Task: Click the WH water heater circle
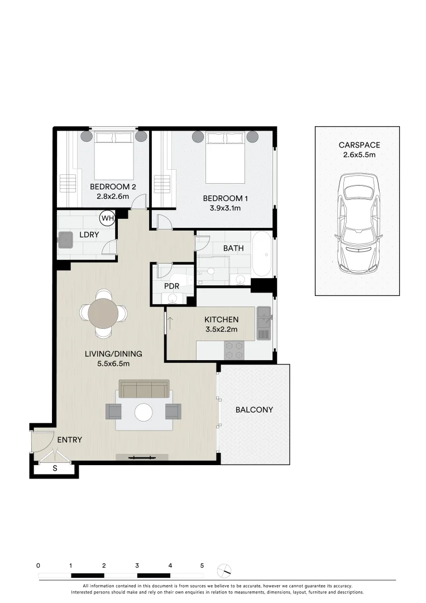point(107,218)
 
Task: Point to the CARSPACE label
point(359,145)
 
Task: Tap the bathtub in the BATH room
point(262,254)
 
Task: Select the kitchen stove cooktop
point(234,350)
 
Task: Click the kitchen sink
point(264,323)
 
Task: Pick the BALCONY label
point(254,410)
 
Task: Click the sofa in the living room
point(145,389)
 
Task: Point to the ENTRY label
point(70,440)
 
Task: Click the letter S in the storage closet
point(55,468)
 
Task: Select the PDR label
point(171,286)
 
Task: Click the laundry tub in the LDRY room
point(66,240)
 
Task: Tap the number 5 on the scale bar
point(202,566)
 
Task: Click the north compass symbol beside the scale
point(225,570)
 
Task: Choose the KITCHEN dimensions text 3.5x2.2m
point(221,329)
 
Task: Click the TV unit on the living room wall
point(142,458)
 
